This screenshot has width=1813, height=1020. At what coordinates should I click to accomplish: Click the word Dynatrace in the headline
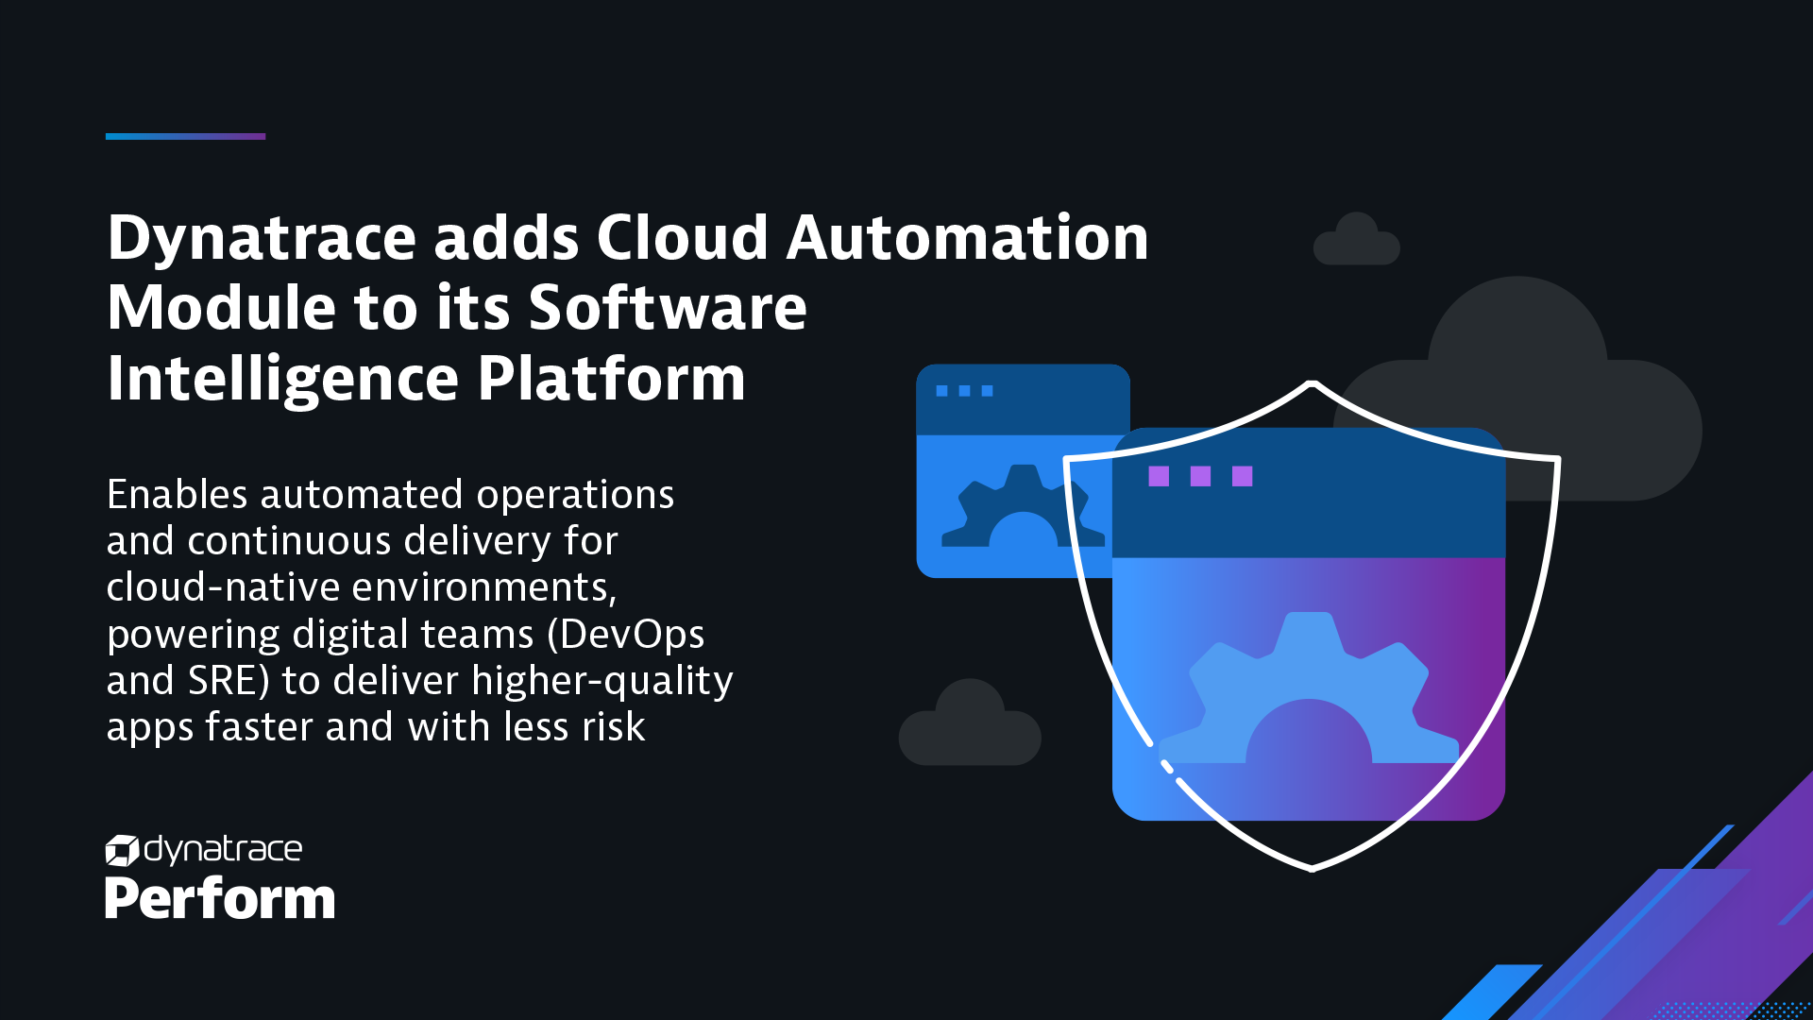(x=262, y=237)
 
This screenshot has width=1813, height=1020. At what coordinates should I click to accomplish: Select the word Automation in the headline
(x=967, y=237)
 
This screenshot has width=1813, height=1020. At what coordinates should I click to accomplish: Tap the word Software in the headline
(x=667, y=308)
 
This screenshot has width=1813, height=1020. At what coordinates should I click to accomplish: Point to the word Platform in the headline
(x=611, y=379)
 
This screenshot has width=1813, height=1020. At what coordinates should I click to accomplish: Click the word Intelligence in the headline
(x=282, y=379)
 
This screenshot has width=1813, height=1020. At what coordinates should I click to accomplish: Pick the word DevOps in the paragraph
(x=632, y=634)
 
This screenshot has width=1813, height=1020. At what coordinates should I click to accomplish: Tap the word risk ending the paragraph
(x=613, y=727)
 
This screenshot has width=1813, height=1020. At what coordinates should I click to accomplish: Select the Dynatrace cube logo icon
(x=122, y=850)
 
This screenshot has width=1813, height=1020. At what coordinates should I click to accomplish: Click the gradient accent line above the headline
(x=185, y=136)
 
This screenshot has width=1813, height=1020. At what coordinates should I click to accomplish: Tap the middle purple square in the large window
(x=1200, y=476)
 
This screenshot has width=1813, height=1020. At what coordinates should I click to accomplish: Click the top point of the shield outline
(x=1312, y=383)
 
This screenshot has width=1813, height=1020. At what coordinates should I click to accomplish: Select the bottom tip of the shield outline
(x=1312, y=868)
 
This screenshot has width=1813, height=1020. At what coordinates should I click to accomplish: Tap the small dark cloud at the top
(x=1357, y=242)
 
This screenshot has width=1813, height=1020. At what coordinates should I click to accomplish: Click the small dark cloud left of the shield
(x=970, y=728)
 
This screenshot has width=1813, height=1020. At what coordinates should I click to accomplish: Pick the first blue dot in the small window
(x=941, y=391)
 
